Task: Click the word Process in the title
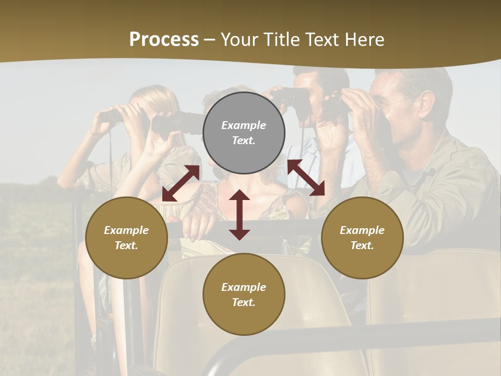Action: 164,40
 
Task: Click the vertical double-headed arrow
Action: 240,215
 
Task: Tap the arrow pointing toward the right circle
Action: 306,178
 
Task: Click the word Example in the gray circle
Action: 244,125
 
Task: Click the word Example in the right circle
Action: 362,230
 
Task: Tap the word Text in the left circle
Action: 125,245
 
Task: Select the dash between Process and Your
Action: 209,40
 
